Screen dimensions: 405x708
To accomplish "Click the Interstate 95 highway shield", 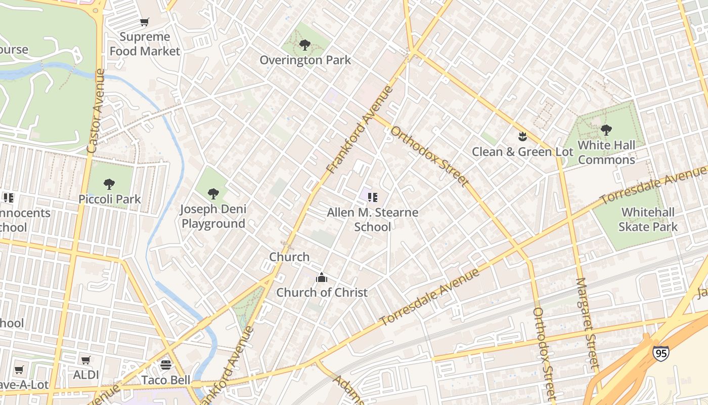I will coord(660,352).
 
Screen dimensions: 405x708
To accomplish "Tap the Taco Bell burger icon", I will coord(166,364).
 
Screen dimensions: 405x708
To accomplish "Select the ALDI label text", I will coord(86,375).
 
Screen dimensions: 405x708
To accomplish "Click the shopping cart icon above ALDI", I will coord(86,360).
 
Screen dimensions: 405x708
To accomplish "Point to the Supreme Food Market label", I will coord(145,44).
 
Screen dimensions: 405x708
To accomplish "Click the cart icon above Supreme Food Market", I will coord(145,22).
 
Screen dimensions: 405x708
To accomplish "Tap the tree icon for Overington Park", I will coord(304,45).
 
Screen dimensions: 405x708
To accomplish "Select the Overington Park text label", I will coord(305,60).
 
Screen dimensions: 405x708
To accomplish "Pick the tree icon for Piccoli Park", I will coord(109,184).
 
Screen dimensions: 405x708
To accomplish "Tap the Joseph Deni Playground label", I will coord(213,216).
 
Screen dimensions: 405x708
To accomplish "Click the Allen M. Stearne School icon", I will coord(373,197).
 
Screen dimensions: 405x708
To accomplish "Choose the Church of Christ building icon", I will coord(321,277).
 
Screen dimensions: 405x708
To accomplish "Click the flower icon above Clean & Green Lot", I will coord(522,137).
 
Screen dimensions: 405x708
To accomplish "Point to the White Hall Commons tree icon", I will coord(606,130).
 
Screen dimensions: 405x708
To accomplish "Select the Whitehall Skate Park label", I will coord(648,219).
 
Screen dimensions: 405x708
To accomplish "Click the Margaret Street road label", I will coord(587,323).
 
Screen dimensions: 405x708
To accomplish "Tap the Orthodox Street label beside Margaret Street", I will coord(545,352).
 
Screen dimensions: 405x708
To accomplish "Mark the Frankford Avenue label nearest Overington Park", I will coord(360,129).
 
